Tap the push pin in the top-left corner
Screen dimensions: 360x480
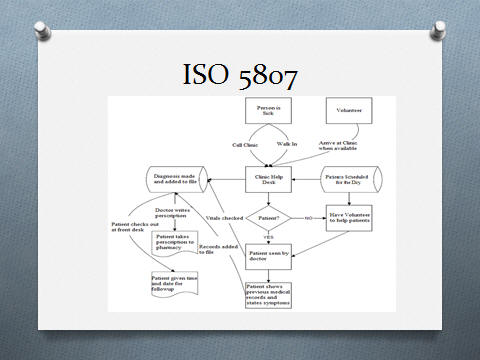click(x=43, y=29)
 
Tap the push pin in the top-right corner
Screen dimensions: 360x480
click(x=437, y=29)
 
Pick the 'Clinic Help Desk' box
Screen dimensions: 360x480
click(x=265, y=178)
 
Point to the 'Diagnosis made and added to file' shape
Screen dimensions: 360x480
click(x=178, y=178)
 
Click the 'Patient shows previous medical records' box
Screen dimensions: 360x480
click(x=269, y=294)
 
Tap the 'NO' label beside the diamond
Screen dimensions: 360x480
click(x=310, y=217)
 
